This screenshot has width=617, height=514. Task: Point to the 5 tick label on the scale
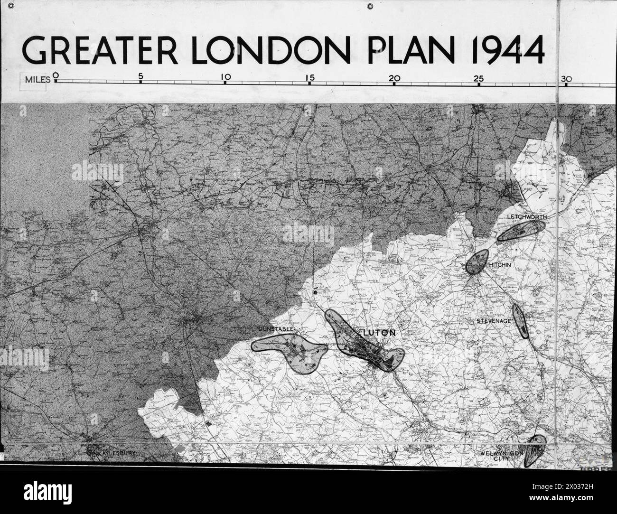(140, 76)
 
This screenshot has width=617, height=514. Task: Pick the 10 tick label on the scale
(225, 76)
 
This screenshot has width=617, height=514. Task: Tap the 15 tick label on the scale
(310, 77)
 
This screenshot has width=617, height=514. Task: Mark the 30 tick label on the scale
(565, 79)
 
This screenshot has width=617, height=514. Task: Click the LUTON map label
(378, 333)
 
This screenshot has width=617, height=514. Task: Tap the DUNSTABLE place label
(277, 328)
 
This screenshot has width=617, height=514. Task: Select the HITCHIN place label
(500, 265)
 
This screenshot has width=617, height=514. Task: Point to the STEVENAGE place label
(494, 321)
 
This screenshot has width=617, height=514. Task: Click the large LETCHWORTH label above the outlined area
(527, 216)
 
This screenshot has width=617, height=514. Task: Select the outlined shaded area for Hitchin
(476, 262)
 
